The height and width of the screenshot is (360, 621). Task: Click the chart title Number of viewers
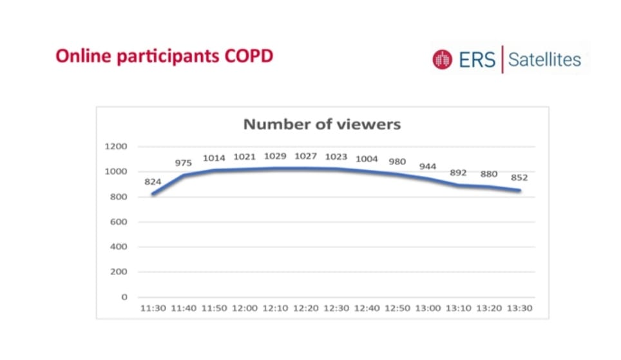(321, 124)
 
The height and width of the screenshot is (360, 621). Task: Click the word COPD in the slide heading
(249, 56)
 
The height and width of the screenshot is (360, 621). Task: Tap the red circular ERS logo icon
(442, 60)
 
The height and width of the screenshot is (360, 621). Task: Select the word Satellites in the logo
(544, 60)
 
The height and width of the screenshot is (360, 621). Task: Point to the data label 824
(153, 182)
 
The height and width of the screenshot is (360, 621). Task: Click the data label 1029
(275, 156)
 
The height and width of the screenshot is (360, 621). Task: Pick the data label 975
(184, 163)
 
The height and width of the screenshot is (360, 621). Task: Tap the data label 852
(519, 177)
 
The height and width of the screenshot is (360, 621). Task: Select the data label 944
(428, 166)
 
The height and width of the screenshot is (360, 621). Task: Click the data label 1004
(367, 158)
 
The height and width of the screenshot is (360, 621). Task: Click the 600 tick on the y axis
(119, 222)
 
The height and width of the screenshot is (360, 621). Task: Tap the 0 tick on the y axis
(124, 297)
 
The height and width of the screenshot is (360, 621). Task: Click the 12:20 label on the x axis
(305, 308)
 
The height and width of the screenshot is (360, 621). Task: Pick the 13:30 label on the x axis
(519, 308)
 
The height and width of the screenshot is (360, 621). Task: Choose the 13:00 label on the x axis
(428, 308)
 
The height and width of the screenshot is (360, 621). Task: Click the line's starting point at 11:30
(153, 193)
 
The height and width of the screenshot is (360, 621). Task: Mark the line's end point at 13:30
(519, 190)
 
